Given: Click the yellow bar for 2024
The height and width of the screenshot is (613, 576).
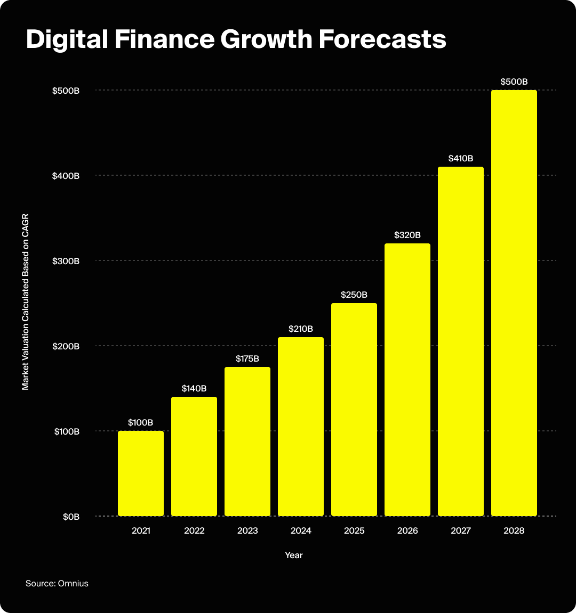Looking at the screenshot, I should [301, 426].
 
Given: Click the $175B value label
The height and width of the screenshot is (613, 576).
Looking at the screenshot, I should [247, 359].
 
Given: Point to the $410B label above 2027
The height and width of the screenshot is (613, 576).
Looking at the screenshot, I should [461, 159].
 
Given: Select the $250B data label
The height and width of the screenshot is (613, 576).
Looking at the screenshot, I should [354, 295].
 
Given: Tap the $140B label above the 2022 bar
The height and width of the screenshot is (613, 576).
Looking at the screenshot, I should [194, 389].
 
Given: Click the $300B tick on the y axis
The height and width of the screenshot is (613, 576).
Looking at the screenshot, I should [66, 261].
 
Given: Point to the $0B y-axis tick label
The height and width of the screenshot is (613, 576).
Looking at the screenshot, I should [70, 517].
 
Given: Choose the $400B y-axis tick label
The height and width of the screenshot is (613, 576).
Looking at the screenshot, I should [66, 176].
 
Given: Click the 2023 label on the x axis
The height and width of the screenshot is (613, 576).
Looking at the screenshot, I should [247, 531].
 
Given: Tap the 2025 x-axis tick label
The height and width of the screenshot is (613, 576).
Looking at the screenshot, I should [354, 531].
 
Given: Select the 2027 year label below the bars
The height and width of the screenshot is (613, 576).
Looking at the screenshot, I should [461, 531].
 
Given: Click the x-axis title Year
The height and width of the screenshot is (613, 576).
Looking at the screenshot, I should [294, 555].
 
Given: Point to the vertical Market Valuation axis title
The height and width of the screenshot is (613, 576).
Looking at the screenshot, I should [26, 303].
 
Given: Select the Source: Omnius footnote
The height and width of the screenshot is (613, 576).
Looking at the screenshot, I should [57, 584].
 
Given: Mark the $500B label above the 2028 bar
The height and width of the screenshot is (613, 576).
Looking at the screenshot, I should [514, 82].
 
